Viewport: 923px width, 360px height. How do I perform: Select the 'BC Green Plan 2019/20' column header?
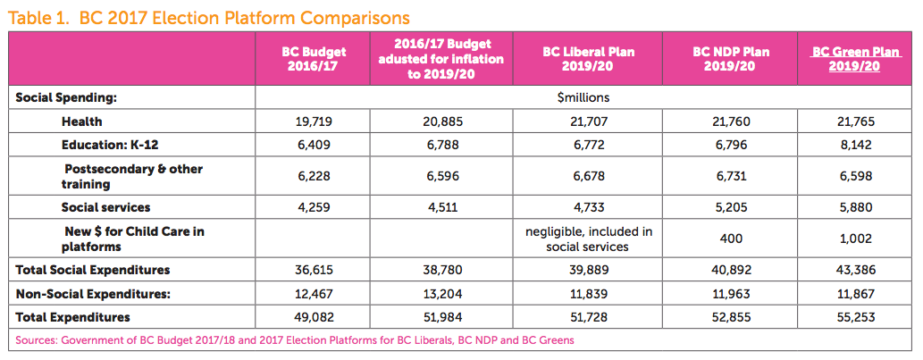pyautogui.click(x=844, y=59)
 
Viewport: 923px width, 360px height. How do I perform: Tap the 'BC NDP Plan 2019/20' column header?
pyautogui.click(x=731, y=59)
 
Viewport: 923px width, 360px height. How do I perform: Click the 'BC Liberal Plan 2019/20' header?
pyautogui.click(x=589, y=59)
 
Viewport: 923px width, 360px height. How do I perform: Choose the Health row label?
pyautogui.click(x=81, y=121)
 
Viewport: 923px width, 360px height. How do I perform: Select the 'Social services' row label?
pyautogui.click(x=105, y=207)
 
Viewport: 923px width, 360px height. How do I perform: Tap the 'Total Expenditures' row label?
pyautogui.click(x=72, y=317)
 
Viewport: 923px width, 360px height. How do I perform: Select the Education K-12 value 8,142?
pyautogui.click(x=844, y=143)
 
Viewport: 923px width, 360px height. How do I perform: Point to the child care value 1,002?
pyautogui.click(x=844, y=239)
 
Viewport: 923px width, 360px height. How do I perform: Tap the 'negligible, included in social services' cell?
pyautogui.click(x=589, y=239)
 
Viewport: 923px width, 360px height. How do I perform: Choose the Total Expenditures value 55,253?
pyautogui.click(x=844, y=317)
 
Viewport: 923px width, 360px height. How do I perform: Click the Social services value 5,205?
pyautogui.click(x=731, y=207)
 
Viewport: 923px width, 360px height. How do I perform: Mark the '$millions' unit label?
pyautogui.click(x=583, y=97)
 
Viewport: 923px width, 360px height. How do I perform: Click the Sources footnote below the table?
pyautogui.click(x=295, y=339)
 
